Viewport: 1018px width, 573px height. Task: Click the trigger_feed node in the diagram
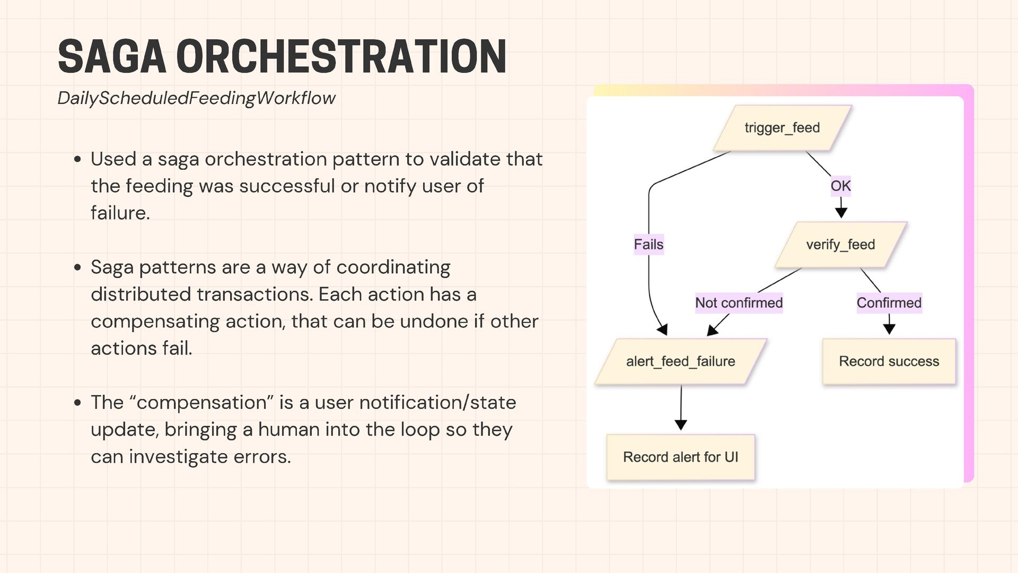pyautogui.click(x=782, y=128)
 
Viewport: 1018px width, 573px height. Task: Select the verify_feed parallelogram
pyautogui.click(x=840, y=245)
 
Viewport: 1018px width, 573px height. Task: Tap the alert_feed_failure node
pyautogui.click(x=680, y=361)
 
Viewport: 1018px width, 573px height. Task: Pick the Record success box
pyautogui.click(x=889, y=361)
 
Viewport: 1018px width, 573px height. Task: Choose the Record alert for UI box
pyautogui.click(x=680, y=457)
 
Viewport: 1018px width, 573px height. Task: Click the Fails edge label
pyautogui.click(x=648, y=245)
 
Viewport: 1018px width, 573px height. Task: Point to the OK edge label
pyautogui.click(x=840, y=186)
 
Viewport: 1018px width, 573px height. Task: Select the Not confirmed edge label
pyautogui.click(x=739, y=303)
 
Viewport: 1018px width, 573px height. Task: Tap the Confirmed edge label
pyautogui.click(x=889, y=303)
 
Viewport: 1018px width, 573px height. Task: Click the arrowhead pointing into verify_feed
pyautogui.click(x=841, y=213)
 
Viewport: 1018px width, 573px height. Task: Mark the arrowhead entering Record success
pyautogui.click(x=889, y=329)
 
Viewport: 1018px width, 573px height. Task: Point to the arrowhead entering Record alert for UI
pyautogui.click(x=681, y=425)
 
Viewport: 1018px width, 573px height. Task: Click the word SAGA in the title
pyautogui.click(x=112, y=57)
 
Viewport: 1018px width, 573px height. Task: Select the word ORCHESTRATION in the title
pyautogui.click(x=341, y=57)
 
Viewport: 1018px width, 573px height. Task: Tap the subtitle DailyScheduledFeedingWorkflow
pyautogui.click(x=196, y=98)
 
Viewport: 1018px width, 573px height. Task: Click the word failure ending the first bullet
pyautogui.click(x=120, y=213)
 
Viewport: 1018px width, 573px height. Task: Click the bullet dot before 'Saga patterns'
pyautogui.click(x=77, y=267)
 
